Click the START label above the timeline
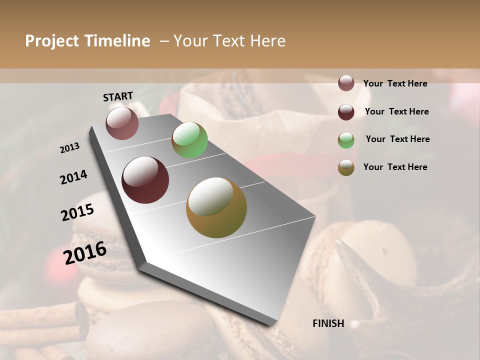(x=118, y=96)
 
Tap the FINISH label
(x=328, y=323)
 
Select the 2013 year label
(x=70, y=148)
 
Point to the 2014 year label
(x=74, y=177)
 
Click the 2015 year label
(x=77, y=212)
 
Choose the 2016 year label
(x=85, y=252)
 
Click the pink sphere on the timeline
(x=122, y=123)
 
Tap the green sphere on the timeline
(x=189, y=140)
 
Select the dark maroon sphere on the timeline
(x=145, y=180)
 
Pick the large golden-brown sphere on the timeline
(x=216, y=207)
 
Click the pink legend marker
(x=346, y=83)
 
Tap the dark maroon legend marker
(x=346, y=112)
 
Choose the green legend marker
(x=346, y=140)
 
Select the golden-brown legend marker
(x=346, y=167)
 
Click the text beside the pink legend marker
(x=395, y=83)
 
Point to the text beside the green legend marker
(x=397, y=139)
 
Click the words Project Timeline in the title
(x=87, y=41)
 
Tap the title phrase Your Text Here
(x=229, y=41)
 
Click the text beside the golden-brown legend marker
(x=395, y=167)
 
